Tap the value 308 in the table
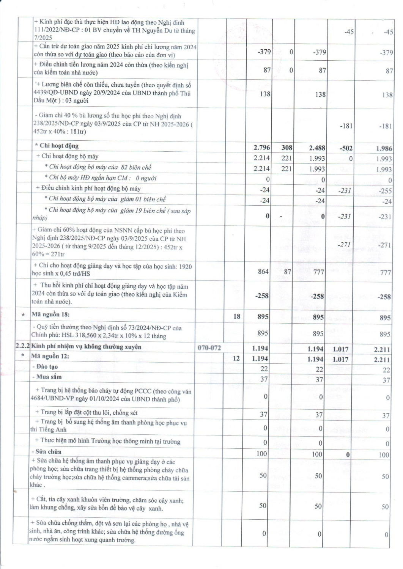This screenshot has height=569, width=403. pyautogui.click(x=287, y=148)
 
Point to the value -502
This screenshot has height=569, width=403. pyautogui.click(x=346, y=148)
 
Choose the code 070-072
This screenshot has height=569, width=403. pyautogui.click(x=209, y=348)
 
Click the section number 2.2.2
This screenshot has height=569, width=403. pyautogui.click(x=22, y=346)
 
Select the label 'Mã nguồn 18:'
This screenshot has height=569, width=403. pyautogui.click(x=50, y=314)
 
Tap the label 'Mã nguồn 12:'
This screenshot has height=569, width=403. pyautogui.click(x=50, y=356)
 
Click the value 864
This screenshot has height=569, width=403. pyautogui.click(x=263, y=272)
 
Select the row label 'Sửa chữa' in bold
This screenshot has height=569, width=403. pyautogui.click(x=46, y=451)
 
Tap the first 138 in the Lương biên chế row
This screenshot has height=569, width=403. pyautogui.click(x=265, y=94)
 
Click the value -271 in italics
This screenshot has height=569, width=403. pyautogui.click(x=344, y=245)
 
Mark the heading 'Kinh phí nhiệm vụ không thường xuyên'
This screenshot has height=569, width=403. pyautogui.click(x=87, y=347)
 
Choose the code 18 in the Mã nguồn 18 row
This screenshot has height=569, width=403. pyautogui.click(x=236, y=316)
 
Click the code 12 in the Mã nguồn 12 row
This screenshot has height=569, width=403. pyautogui.click(x=236, y=358)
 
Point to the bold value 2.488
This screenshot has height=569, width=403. pyautogui.click(x=317, y=148)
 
